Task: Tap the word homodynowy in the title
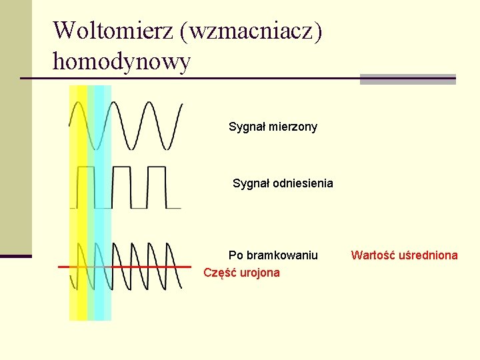click(x=121, y=62)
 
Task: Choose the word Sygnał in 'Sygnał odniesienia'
click(x=251, y=183)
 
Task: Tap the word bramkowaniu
click(x=283, y=255)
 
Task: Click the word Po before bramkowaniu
click(x=236, y=255)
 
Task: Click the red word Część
click(x=219, y=273)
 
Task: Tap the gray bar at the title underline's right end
click(x=407, y=79)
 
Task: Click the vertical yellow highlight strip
click(x=78, y=200)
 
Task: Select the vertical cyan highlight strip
click(x=100, y=200)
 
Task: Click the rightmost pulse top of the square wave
click(x=157, y=167)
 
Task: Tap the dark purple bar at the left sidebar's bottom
click(x=15, y=256)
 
